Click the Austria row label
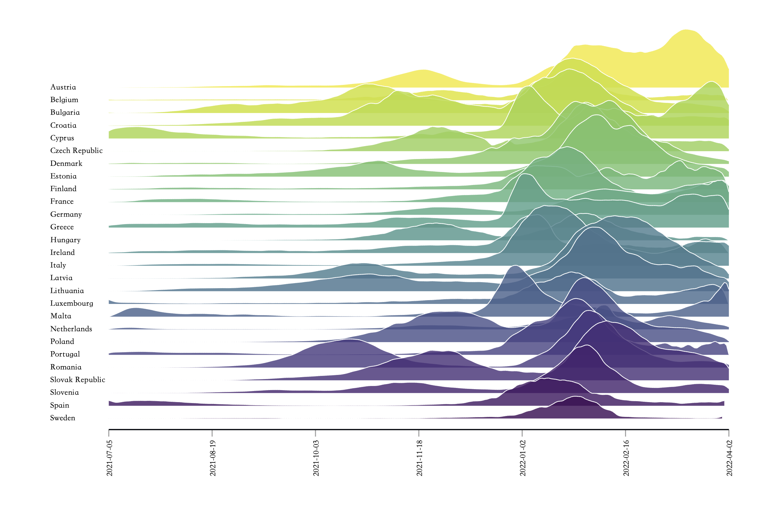pos(63,87)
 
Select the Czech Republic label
pos(76,151)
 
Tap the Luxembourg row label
pos(72,303)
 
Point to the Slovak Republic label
pos(78,380)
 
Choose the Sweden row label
pos(63,418)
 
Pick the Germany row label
pos(66,215)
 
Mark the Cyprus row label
pos(62,138)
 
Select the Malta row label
pos(61,316)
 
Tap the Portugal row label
pos(65,354)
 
